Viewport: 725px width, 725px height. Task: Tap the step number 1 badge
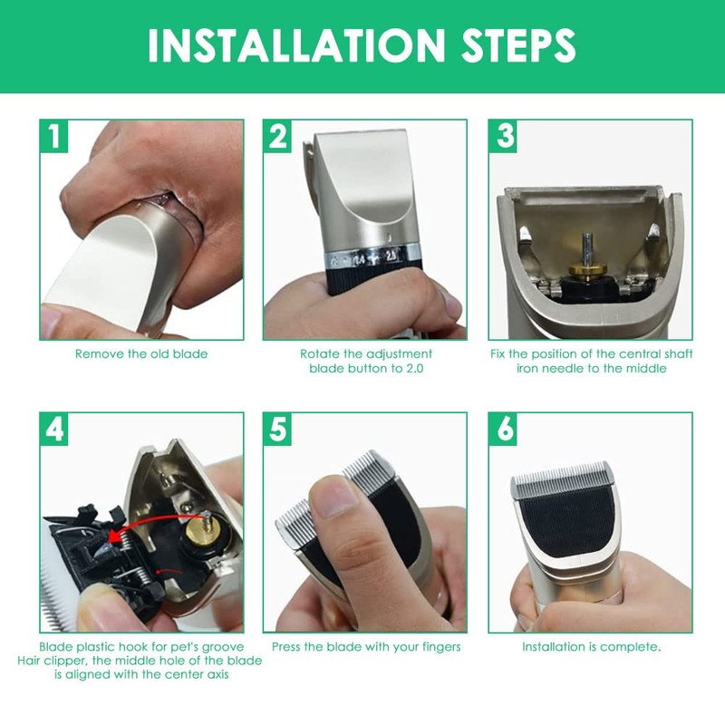tap(54, 136)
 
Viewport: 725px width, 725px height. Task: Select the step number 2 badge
tap(277, 136)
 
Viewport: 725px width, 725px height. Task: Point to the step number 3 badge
tap(504, 136)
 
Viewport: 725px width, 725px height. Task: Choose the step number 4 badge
tap(54, 429)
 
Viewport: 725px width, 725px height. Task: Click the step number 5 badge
tap(277, 429)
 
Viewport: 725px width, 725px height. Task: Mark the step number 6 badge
tap(504, 429)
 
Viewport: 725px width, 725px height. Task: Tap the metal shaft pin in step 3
tap(587, 248)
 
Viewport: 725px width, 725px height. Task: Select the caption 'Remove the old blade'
tap(141, 354)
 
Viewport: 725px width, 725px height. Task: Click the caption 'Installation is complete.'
tap(592, 647)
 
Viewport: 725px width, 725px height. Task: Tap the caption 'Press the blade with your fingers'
tap(366, 647)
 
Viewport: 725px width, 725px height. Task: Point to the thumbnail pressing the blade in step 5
tap(335, 496)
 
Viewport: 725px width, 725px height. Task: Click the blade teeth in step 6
tap(562, 478)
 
